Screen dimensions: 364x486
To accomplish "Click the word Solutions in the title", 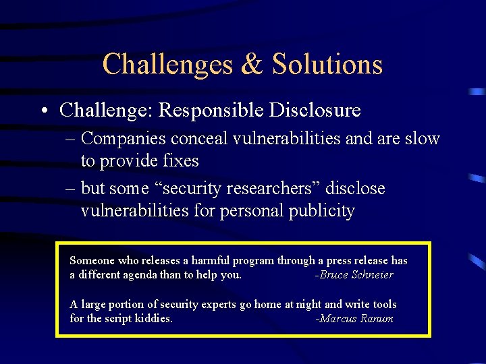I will [x=327, y=65].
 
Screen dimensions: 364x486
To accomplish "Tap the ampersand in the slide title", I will [x=252, y=65].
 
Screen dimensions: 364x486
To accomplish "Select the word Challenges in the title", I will [x=167, y=65].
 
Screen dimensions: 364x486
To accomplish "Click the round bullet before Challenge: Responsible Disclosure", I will [x=44, y=110].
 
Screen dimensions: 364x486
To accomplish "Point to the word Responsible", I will [x=214, y=110].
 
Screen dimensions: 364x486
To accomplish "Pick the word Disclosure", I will [x=318, y=110].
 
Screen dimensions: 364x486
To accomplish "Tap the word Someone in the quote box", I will [x=92, y=261].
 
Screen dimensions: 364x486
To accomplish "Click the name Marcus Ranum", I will [x=355, y=319].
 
